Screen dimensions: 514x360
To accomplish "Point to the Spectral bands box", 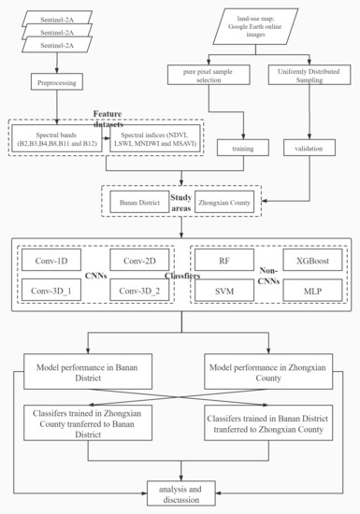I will [57, 136].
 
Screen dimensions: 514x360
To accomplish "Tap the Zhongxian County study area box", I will [224, 202].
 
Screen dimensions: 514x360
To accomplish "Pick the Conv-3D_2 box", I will [137, 292].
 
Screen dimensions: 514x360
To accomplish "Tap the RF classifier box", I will [224, 261].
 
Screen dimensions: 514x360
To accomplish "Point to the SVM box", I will [224, 292].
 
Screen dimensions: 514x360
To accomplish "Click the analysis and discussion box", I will [180, 493].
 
